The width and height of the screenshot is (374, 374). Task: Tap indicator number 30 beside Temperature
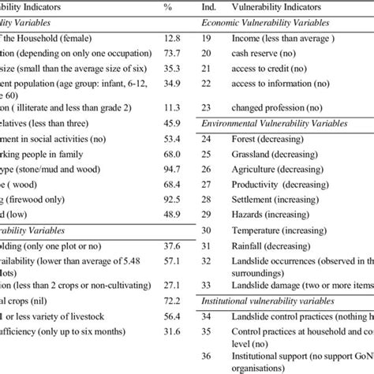pyautogui.click(x=208, y=232)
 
